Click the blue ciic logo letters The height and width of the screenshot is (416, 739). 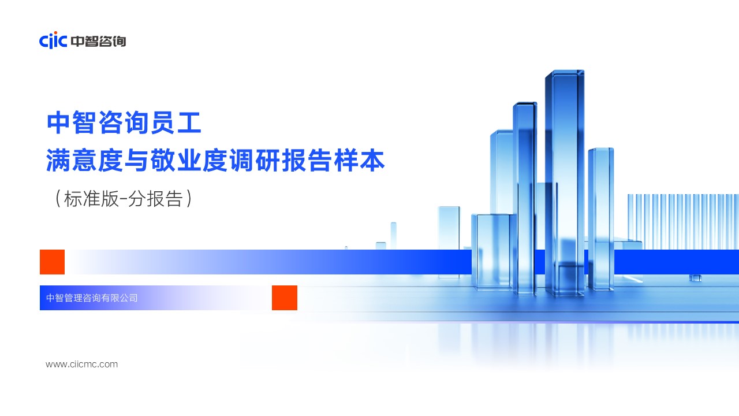53,40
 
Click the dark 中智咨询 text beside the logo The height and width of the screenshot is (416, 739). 98,41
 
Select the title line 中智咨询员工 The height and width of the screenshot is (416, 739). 124,122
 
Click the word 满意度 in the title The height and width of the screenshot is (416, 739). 85,160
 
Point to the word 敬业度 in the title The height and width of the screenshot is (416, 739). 189,160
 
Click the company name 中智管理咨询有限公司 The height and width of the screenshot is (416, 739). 92,298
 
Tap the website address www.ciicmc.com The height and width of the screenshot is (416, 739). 82,364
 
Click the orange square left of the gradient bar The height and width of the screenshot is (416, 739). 52,262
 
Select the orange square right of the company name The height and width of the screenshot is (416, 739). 285,298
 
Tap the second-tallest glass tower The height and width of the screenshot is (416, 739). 525,198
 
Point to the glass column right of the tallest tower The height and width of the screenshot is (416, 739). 601,219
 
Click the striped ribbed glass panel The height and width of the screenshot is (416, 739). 683,221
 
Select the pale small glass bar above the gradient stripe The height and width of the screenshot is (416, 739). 393,235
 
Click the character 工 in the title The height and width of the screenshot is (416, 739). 190,123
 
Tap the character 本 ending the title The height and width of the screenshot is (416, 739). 372,160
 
